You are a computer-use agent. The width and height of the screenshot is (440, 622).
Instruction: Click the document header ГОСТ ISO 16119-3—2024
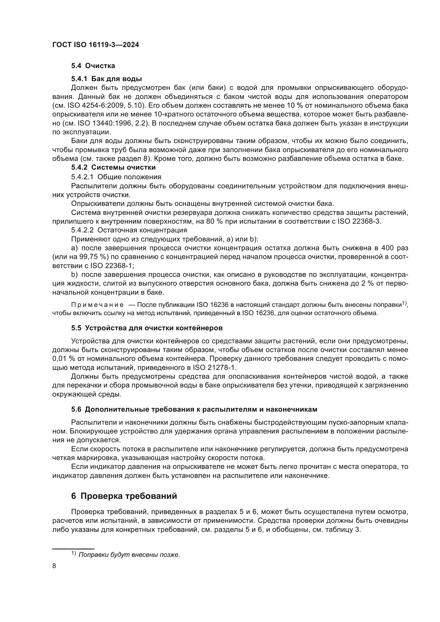(96, 45)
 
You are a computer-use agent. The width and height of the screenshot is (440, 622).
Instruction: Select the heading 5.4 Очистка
(93, 66)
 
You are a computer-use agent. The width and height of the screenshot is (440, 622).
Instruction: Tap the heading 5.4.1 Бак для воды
(106, 79)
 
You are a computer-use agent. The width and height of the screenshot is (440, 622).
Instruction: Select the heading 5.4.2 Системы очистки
(113, 168)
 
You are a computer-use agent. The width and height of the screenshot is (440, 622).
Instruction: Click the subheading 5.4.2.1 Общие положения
(116, 177)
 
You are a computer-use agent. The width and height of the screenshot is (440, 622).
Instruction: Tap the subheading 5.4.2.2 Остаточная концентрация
(129, 230)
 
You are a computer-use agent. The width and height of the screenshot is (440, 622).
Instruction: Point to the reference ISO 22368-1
(111, 266)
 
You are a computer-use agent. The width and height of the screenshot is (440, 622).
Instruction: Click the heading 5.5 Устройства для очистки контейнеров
(147, 328)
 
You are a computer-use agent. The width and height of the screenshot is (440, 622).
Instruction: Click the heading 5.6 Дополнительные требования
(194, 409)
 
